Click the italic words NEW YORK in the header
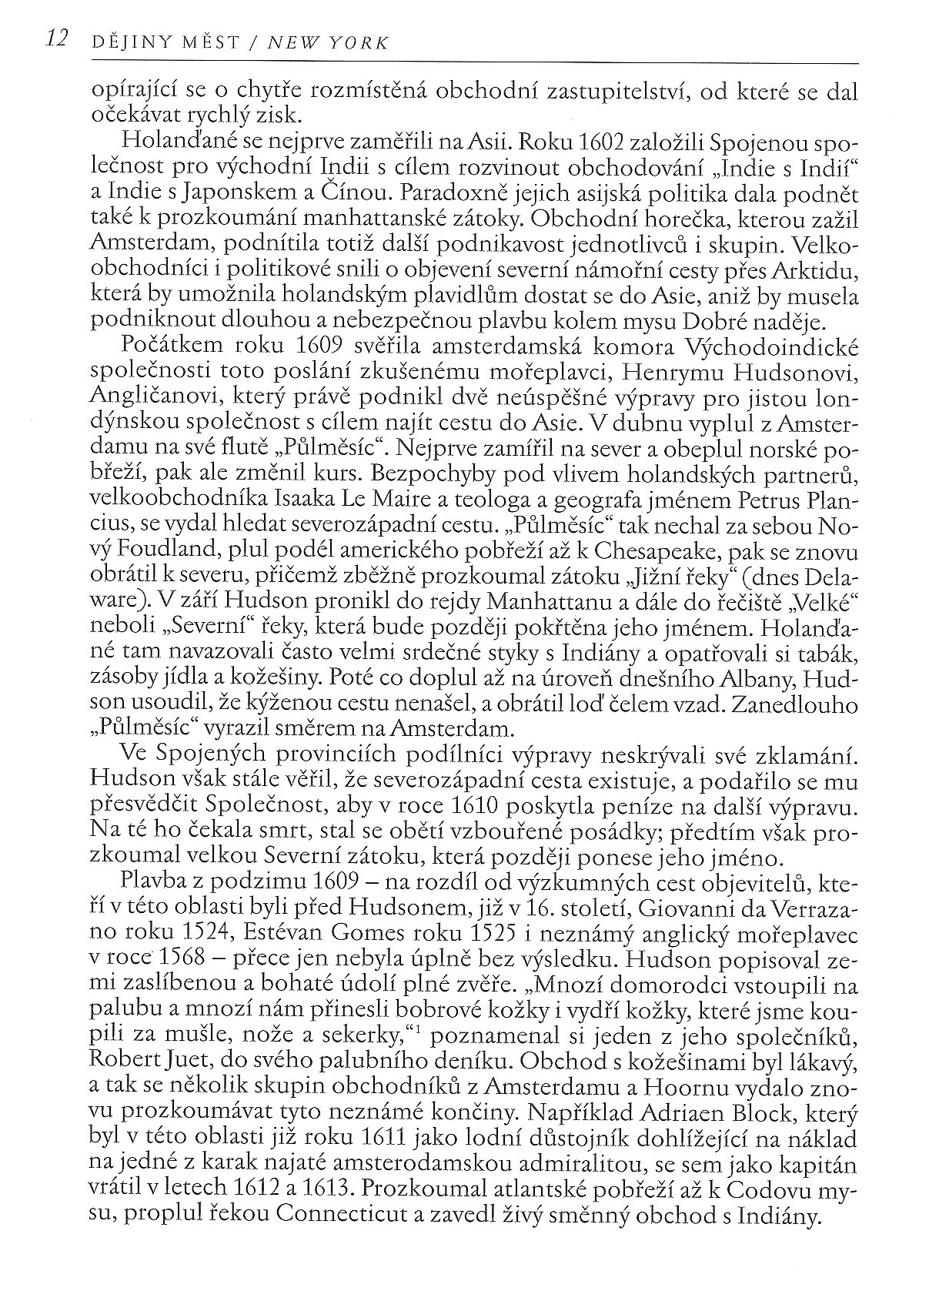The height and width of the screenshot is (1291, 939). pos(327,43)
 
